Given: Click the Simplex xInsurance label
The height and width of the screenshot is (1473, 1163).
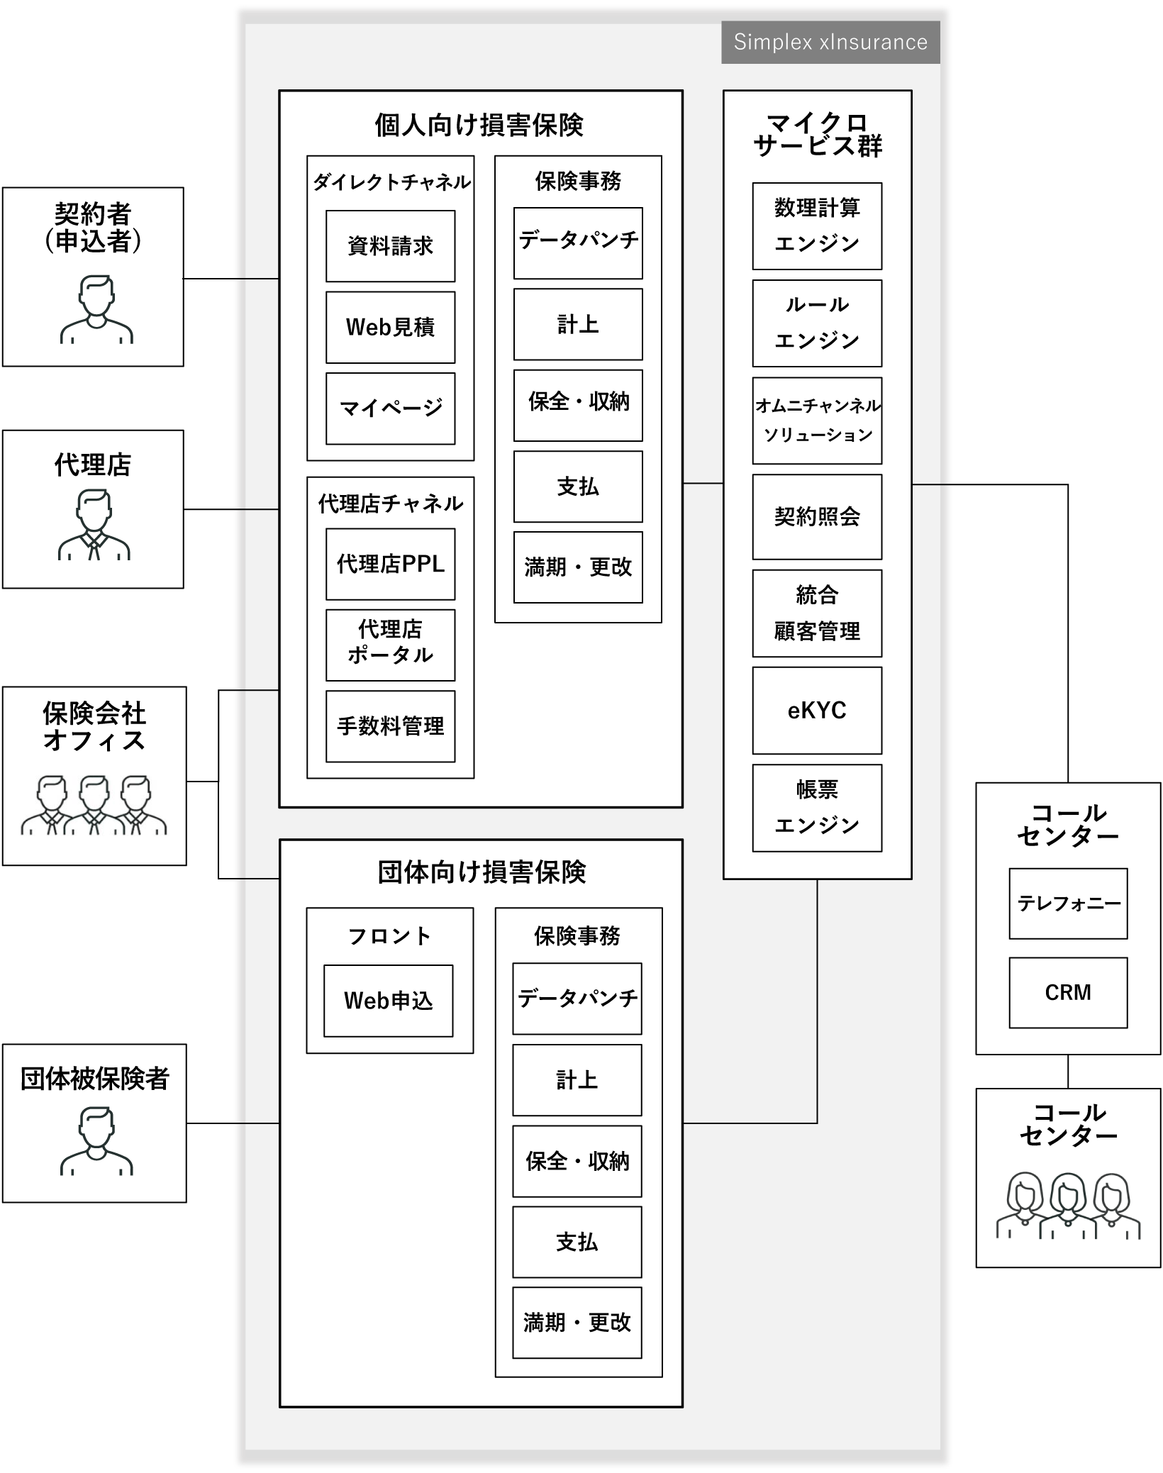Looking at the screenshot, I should point(830,43).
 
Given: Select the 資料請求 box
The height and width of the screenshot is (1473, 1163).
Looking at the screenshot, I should point(390,246).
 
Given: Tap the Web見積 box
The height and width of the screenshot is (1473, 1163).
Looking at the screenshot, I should point(390,327).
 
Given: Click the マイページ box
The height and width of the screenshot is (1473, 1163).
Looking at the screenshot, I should point(390,408).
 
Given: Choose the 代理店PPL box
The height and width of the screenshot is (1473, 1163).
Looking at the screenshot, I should point(390,564).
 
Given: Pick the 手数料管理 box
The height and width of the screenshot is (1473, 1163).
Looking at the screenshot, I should point(390,726).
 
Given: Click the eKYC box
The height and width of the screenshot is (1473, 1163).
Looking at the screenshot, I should point(817,710).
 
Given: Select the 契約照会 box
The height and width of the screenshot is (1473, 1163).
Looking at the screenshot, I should point(817,516).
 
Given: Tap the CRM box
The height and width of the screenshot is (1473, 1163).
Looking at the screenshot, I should point(1068,992).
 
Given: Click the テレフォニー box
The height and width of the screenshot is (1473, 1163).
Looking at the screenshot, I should point(1068,904).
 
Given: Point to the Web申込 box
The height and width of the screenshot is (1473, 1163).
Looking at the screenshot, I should point(388,1001).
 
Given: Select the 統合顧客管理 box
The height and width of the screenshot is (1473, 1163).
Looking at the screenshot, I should point(817,613).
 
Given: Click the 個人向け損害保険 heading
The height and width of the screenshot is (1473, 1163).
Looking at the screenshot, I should point(479,126).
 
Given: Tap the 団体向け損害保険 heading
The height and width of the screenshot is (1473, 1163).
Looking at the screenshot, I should point(482,872).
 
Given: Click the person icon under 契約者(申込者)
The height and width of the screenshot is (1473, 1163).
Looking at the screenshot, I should point(96,310).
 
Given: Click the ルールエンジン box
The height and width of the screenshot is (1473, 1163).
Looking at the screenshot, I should point(817,323).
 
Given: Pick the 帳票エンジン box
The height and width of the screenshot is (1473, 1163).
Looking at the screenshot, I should point(817,807).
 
